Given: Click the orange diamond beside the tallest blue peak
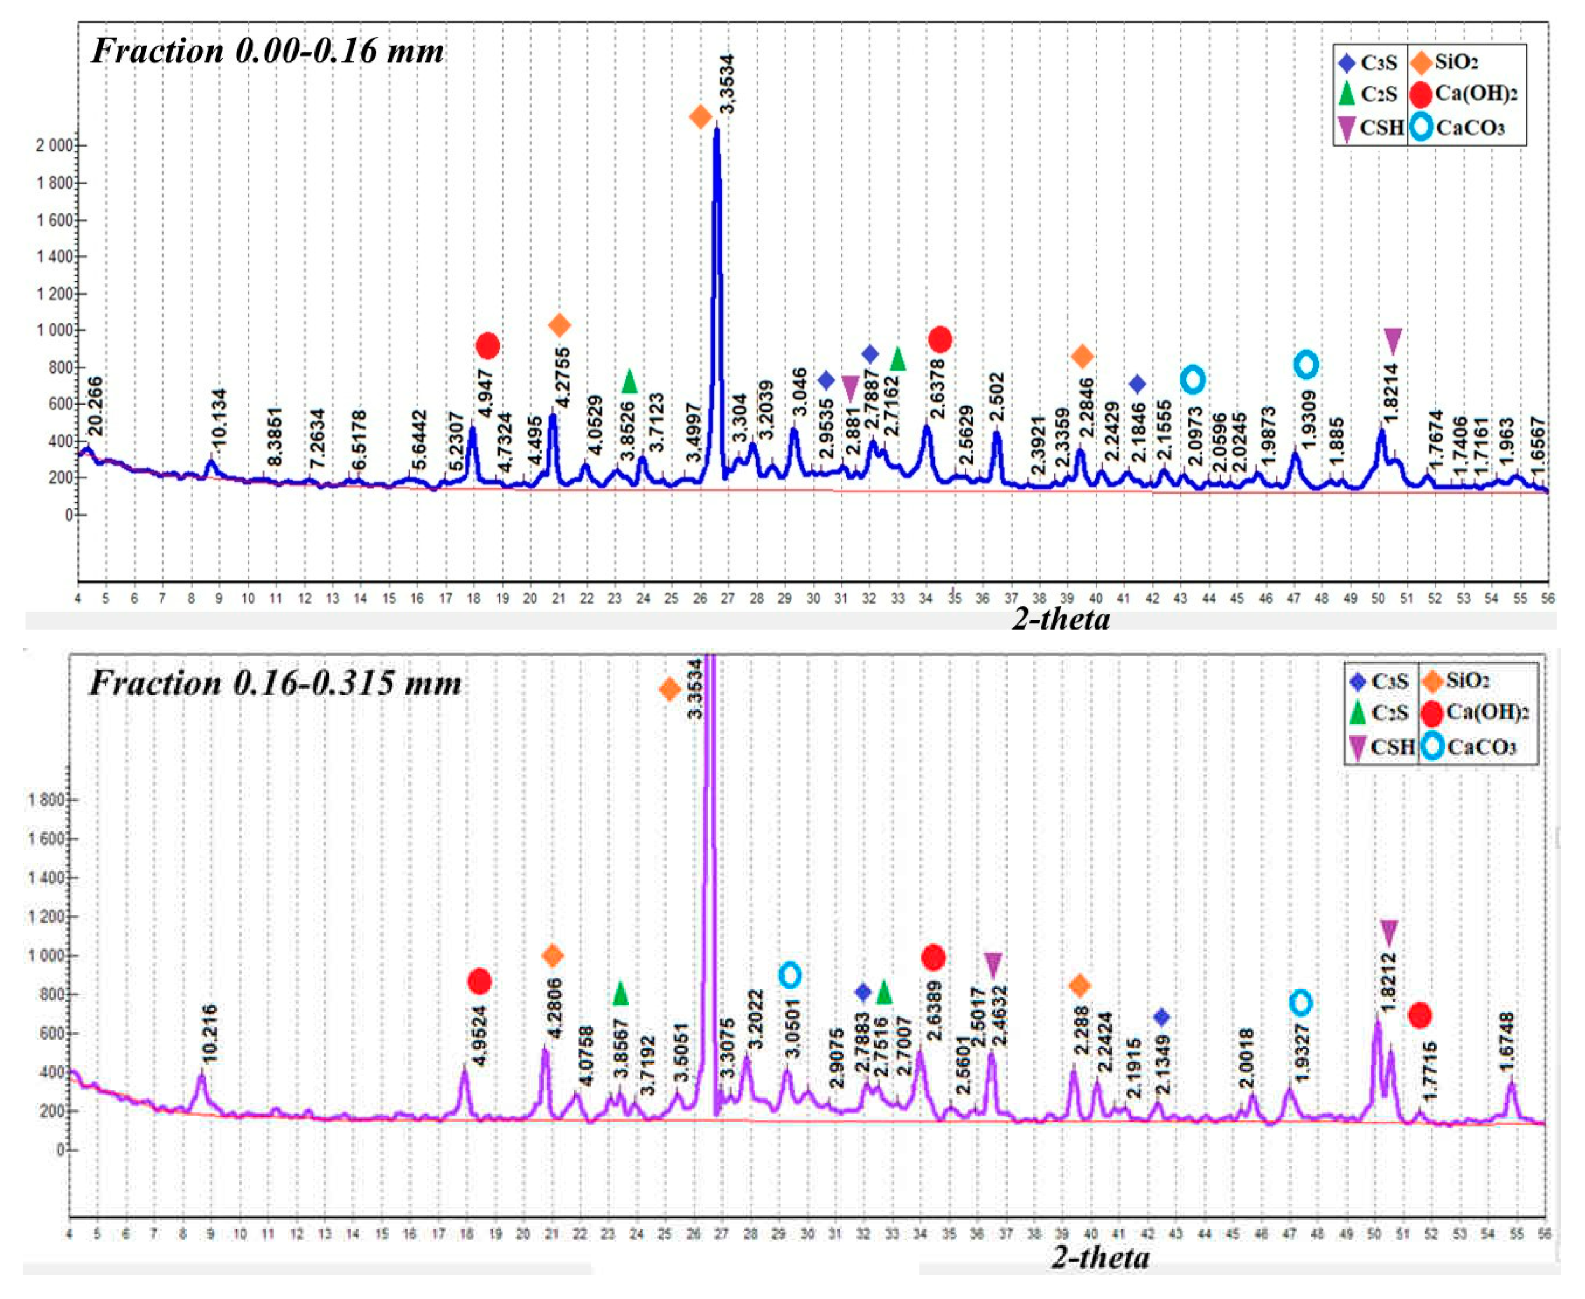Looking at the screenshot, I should pyautogui.click(x=700, y=117).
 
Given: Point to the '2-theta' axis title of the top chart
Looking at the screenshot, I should pyautogui.click(x=1061, y=618).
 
